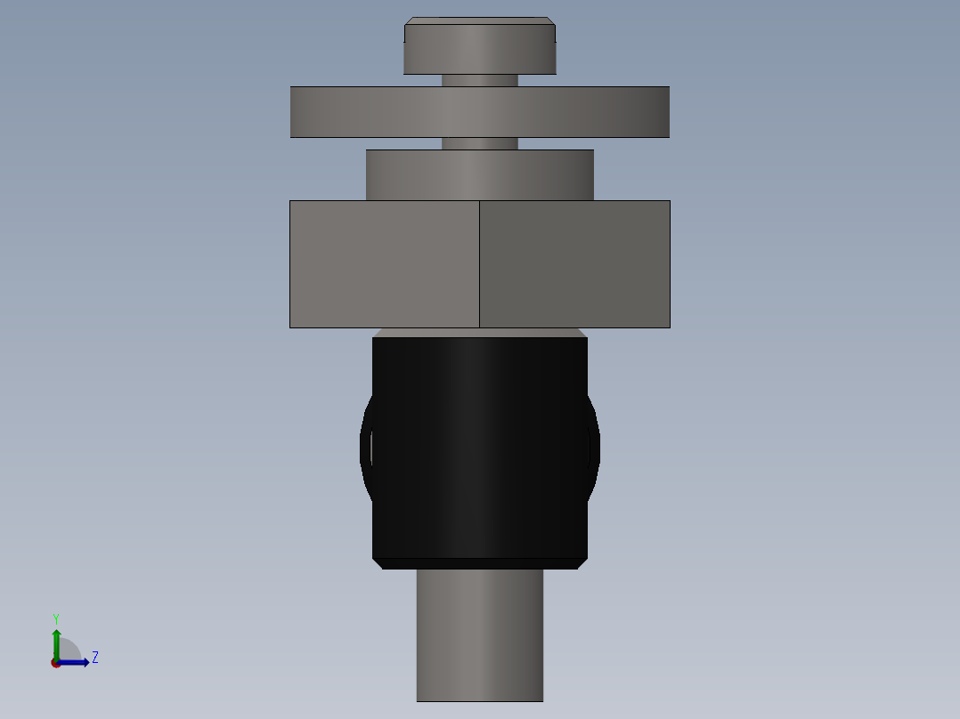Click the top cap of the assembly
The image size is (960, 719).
pyautogui.click(x=479, y=50)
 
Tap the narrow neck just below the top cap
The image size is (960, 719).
pyautogui.click(x=479, y=80)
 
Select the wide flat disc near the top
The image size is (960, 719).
pyautogui.click(x=479, y=112)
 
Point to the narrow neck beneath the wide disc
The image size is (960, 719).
pyautogui.click(x=479, y=143)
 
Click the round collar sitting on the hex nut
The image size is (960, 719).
pyautogui.click(x=479, y=175)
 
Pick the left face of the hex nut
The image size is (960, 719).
pyautogui.click(x=384, y=264)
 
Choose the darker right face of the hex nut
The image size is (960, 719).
pyautogui.click(x=574, y=264)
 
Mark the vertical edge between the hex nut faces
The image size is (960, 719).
pyautogui.click(x=479, y=264)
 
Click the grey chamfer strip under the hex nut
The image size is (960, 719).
pyautogui.click(x=479, y=333)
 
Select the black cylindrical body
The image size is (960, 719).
pyautogui.click(x=479, y=445)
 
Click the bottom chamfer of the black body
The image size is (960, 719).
pyautogui.click(x=479, y=564)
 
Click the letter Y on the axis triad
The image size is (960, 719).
pyautogui.click(x=56, y=618)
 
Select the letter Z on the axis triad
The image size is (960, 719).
pyautogui.click(x=94, y=658)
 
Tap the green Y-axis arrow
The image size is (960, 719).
pyautogui.click(x=56, y=641)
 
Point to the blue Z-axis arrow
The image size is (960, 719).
pyautogui.click(x=76, y=662)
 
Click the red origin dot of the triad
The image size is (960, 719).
pyautogui.click(x=55, y=663)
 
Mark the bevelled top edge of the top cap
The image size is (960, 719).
pyautogui.click(x=479, y=20)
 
